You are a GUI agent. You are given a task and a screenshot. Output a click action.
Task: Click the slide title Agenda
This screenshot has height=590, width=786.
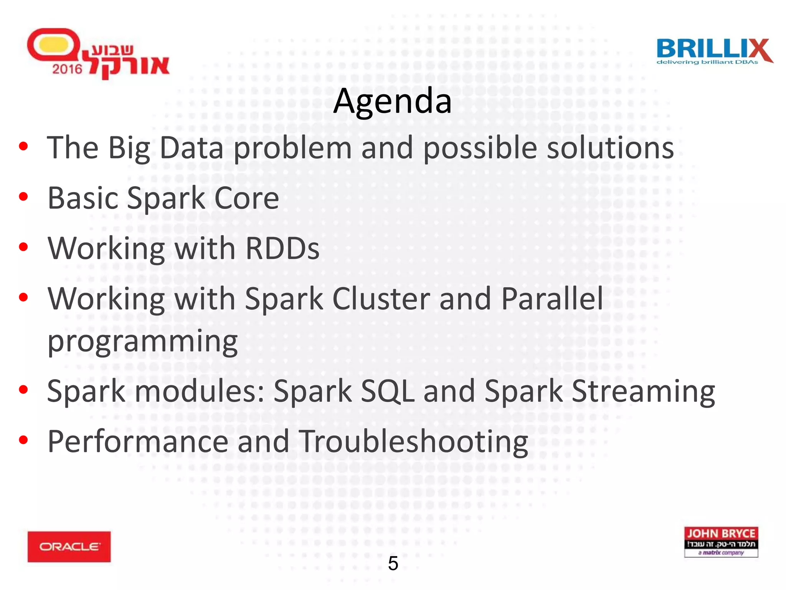pos(392,101)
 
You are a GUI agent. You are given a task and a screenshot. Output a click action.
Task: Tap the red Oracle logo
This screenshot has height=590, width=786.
pos(69,546)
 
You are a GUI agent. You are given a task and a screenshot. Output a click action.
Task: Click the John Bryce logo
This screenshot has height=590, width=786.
pos(721,542)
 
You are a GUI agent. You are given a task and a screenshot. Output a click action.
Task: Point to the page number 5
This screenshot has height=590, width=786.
pos(393,563)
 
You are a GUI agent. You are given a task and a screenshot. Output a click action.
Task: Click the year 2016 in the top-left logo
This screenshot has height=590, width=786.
pos(67,69)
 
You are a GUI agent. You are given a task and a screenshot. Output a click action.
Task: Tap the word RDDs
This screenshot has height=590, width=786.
pos(282,249)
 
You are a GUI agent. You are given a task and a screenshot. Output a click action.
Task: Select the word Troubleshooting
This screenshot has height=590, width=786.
pos(413,442)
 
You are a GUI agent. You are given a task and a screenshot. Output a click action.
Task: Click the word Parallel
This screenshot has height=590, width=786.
pos(552,299)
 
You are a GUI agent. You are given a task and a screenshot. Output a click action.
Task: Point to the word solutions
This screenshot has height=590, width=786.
pos(610,148)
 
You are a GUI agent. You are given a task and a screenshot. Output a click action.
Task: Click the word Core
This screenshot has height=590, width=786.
pos(246,198)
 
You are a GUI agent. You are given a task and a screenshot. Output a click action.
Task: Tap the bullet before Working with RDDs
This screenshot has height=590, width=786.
pos(23,247)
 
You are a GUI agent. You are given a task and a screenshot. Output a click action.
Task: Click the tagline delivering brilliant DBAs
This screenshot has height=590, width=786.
pos(707,62)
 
